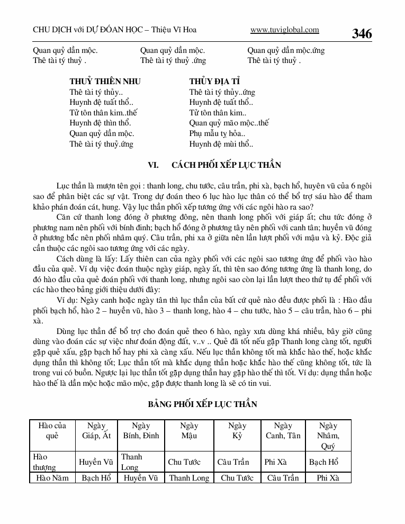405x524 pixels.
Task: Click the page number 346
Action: (x=362, y=34)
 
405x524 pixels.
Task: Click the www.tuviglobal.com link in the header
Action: (x=284, y=30)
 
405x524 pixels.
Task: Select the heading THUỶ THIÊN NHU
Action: (x=105, y=82)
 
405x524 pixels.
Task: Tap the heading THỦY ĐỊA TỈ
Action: (x=215, y=82)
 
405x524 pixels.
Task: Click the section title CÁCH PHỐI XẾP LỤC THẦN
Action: (x=226, y=165)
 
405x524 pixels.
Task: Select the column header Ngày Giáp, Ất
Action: (x=97, y=431)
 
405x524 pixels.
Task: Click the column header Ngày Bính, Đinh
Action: (x=141, y=431)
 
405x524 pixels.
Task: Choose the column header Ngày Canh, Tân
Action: (x=283, y=431)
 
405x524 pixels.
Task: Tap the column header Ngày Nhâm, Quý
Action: (x=328, y=436)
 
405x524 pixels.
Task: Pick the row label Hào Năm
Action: (x=51, y=478)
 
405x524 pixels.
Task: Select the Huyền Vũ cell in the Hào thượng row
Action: (x=96, y=462)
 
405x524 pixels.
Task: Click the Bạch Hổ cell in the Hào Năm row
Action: (x=96, y=478)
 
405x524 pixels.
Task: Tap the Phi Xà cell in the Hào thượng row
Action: (x=275, y=462)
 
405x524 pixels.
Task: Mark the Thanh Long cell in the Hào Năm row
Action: (x=189, y=478)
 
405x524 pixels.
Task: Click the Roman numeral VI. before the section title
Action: (x=154, y=165)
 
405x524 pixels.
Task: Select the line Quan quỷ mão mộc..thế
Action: (x=229, y=123)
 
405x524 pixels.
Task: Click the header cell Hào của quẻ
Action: (x=52, y=431)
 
